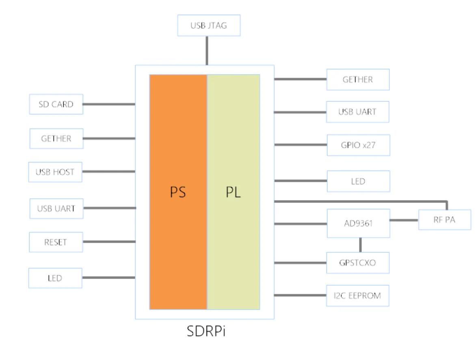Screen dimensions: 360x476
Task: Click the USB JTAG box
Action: pos(209,26)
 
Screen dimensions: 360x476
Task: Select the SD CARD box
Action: pos(56,104)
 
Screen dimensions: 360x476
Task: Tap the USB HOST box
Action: pos(55,172)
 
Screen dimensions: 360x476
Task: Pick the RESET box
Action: pos(56,242)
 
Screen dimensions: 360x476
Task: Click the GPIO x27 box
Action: pos(358,145)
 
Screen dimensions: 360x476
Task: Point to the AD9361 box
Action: pos(358,223)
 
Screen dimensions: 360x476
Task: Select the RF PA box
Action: pos(444,220)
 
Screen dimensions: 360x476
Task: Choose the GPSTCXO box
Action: pos(358,263)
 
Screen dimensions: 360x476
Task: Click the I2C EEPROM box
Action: pos(358,295)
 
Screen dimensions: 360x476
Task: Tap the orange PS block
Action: pos(178,192)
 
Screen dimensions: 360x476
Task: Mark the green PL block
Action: pos(234,192)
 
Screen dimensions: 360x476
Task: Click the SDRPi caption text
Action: pos(206,331)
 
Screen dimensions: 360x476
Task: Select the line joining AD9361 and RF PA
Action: pos(404,220)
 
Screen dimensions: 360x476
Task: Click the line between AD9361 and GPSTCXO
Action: pos(360,245)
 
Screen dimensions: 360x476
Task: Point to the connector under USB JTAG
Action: pos(207,50)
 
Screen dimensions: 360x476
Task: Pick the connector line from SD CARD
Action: pos(109,104)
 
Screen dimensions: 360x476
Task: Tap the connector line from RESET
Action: pos(108,242)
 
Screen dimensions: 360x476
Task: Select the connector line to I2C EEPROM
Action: pos(301,295)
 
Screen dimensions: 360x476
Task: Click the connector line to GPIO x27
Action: pos(301,144)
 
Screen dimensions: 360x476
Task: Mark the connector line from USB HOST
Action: pos(108,172)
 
